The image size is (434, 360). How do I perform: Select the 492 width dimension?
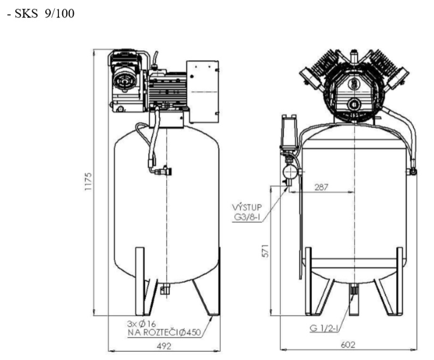click(164, 345)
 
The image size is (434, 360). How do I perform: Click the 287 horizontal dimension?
click(323, 186)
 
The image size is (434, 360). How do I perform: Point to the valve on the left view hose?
click(159, 171)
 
